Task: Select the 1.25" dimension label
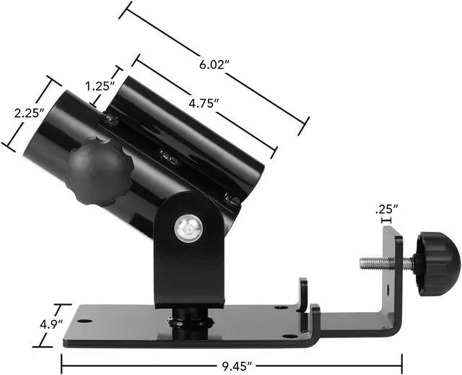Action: click(100, 86)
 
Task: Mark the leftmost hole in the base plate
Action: click(85, 322)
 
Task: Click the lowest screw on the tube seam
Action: click(230, 195)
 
